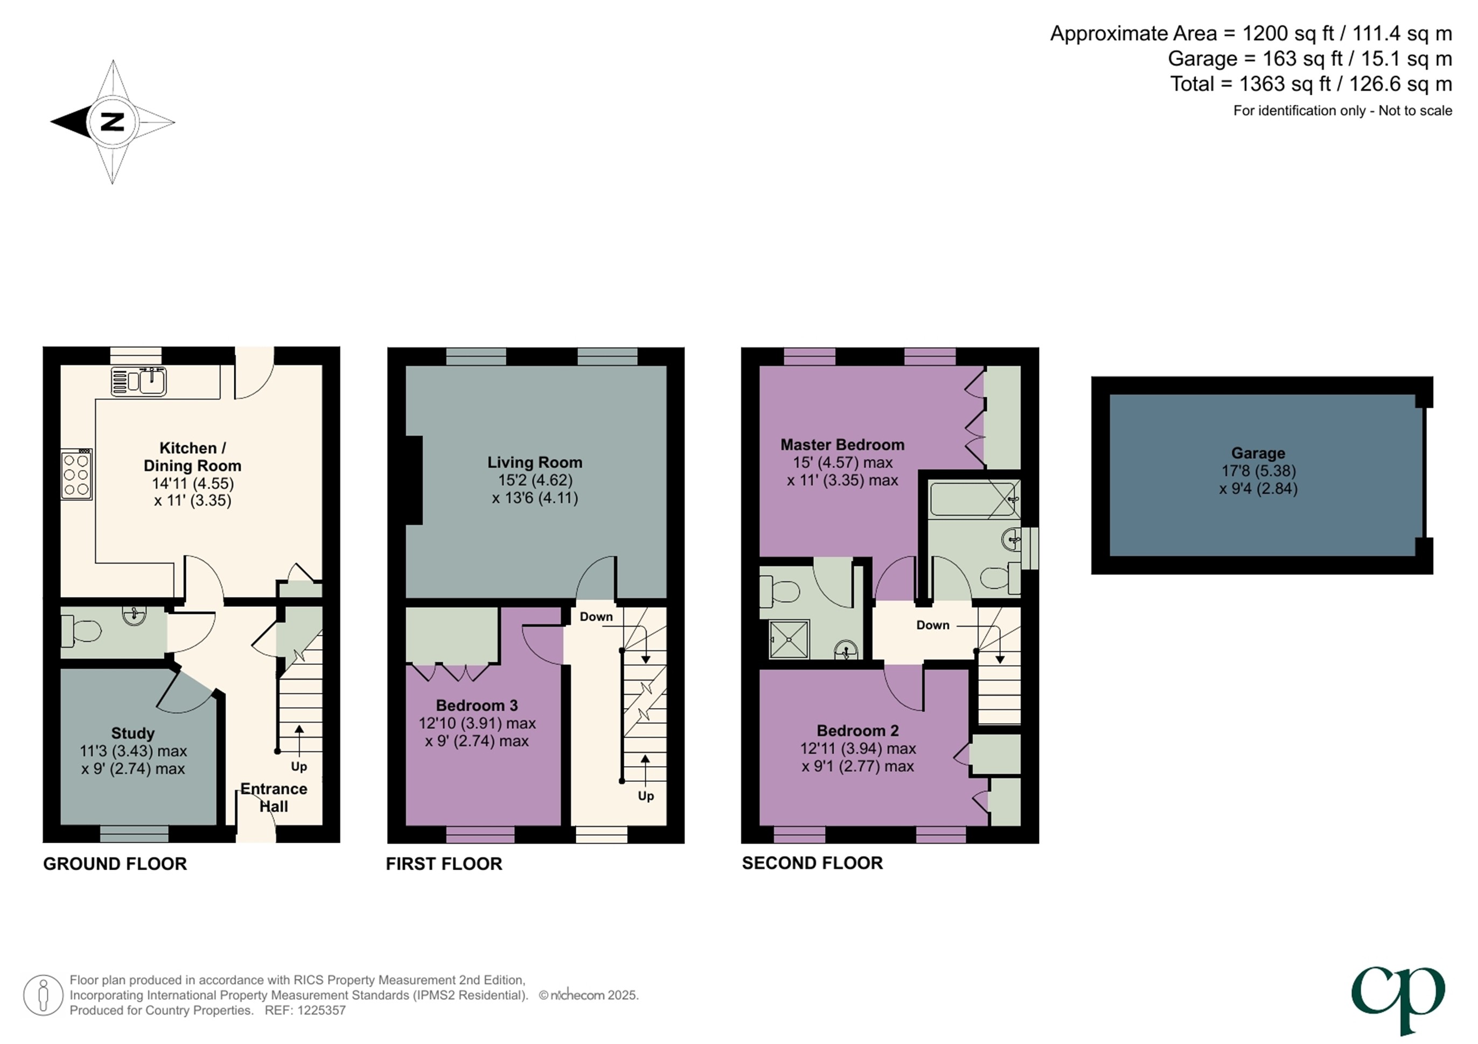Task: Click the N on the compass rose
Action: point(113,122)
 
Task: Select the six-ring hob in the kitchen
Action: point(76,475)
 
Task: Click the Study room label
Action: point(133,733)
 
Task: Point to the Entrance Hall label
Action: point(274,797)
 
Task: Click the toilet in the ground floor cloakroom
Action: point(81,630)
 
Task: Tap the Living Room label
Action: point(534,462)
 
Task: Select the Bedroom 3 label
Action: point(476,705)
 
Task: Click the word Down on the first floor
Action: point(596,616)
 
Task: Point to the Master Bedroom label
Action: point(842,445)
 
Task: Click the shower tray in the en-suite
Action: point(789,639)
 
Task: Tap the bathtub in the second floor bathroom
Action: point(973,500)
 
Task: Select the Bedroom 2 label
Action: point(857,731)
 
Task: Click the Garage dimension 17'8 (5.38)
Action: point(1258,471)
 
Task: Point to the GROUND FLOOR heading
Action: point(115,864)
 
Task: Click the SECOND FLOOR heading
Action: point(812,863)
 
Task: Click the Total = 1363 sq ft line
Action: point(1310,83)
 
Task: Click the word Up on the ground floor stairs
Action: point(299,767)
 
